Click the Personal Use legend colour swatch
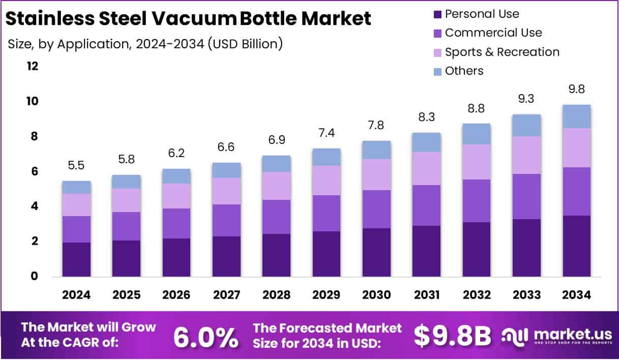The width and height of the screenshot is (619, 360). (x=437, y=14)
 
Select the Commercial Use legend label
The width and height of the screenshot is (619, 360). (x=493, y=33)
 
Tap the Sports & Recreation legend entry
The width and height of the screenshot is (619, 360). (x=502, y=52)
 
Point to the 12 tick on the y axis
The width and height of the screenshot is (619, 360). (x=32, y=67)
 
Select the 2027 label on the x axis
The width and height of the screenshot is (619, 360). (x=226, y=295)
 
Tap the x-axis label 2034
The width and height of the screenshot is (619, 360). (x=576, y=295)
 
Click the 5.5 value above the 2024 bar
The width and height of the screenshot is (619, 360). (x=77, y=165)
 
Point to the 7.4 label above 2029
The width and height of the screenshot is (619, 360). (x=326, y=133)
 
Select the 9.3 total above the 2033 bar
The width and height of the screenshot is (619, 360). (x=526, y=99)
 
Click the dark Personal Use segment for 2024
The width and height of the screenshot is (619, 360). (x=77, y=259)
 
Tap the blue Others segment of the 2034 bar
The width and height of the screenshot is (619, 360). (x=576, y=116)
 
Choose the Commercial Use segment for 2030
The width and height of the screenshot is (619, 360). (x=376, y=209)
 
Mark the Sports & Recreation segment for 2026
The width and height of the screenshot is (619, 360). (x=176, y=196)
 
